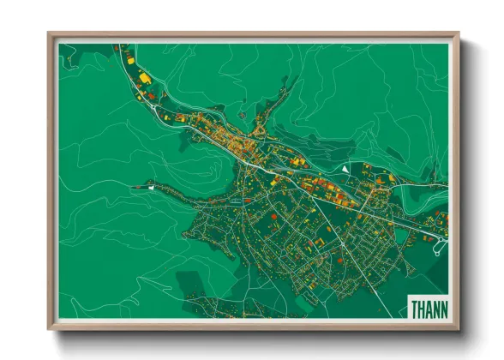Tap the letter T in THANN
(414, 309)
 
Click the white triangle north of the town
(345, 170)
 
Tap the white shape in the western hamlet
(151, 185)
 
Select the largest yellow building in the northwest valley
(146, 78)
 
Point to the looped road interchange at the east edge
(440, 248)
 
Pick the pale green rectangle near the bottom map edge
(243, 312)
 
